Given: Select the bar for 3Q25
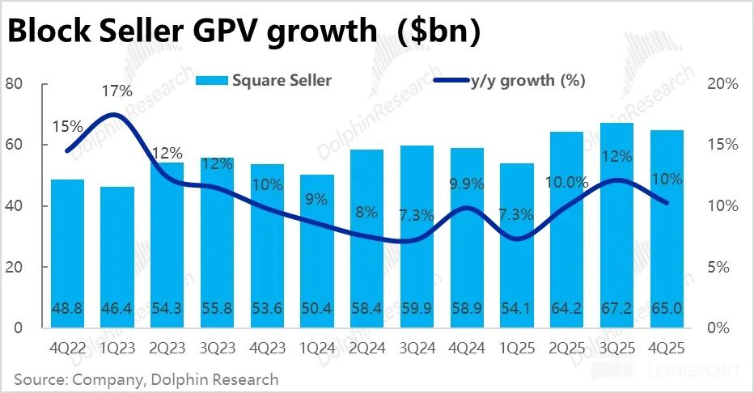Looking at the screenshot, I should point(616,226).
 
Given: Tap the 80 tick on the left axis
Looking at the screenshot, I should point(15,84).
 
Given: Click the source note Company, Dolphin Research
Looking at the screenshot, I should point(146,378).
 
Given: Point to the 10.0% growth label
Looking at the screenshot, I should point(565,183).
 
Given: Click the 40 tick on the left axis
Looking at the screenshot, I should point(15,206).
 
